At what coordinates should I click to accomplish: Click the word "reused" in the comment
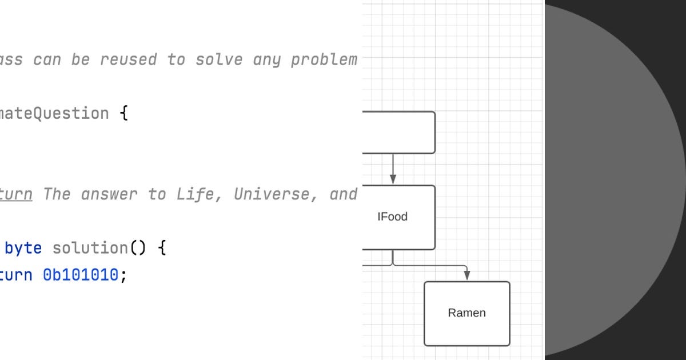click(128, 59)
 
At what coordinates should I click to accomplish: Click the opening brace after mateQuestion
click(123, 113)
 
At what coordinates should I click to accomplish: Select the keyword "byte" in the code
click(23, 248)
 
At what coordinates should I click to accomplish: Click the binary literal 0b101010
click(81, 275)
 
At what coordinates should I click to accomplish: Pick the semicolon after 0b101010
click(123, 275)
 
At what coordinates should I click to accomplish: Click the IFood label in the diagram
click(392, 217)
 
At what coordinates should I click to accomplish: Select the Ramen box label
click(466, 313)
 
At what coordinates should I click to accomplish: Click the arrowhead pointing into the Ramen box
click(467, 276)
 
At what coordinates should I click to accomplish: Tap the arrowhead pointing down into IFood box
click(393, 179)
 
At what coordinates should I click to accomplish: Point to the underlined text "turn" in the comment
click(16, 194)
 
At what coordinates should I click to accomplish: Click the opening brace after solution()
click(162, 248)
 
